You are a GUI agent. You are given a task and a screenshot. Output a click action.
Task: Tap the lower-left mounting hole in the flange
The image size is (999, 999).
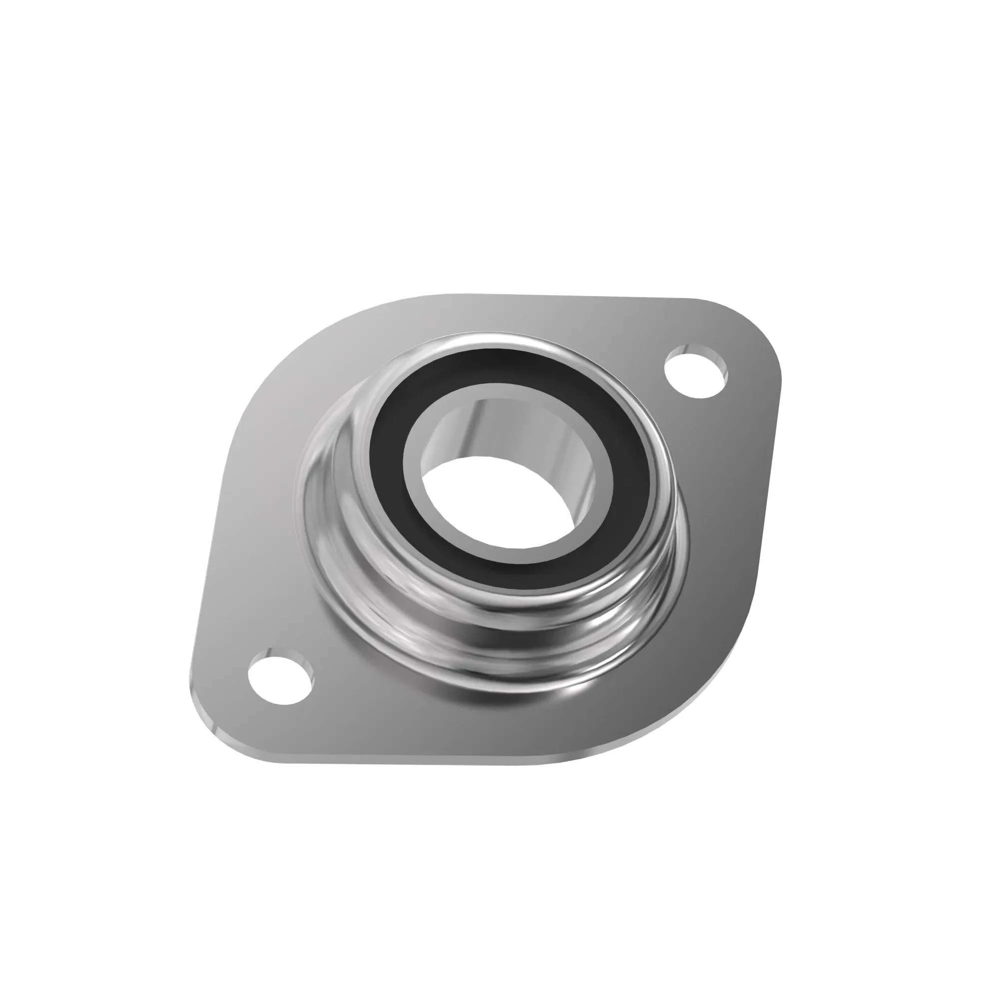[281, 679]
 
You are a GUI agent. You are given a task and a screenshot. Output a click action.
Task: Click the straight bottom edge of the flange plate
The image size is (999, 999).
[414, 764]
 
